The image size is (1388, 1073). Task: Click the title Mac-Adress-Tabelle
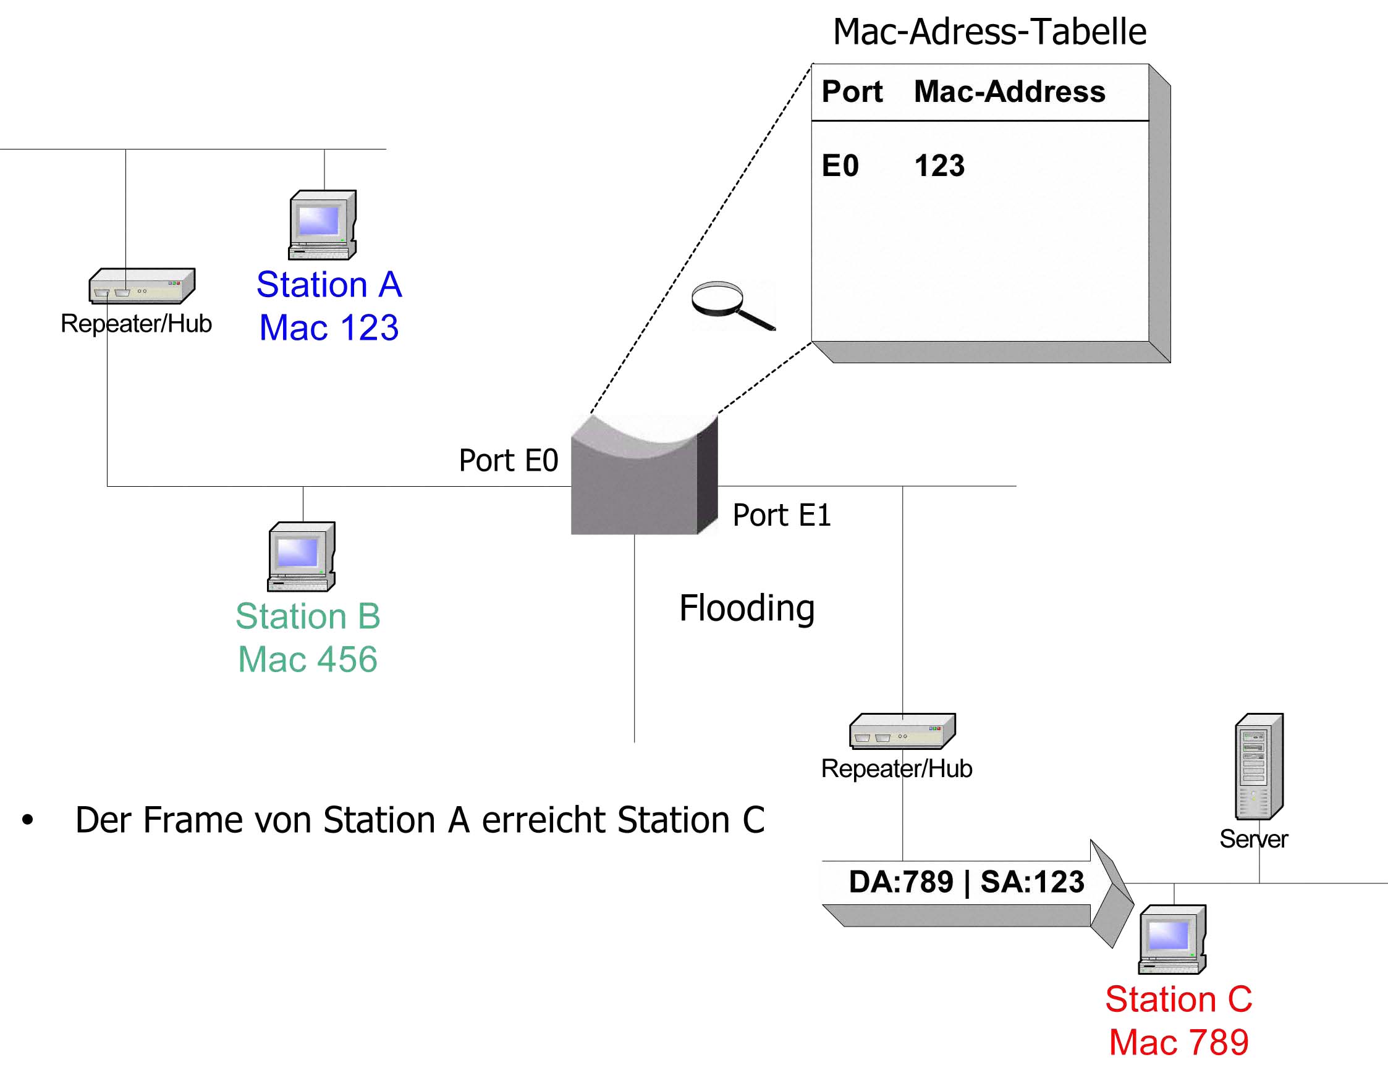989,32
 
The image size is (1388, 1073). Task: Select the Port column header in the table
852,91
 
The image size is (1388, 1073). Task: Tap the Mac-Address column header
1010,91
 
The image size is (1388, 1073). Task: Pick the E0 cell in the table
840,166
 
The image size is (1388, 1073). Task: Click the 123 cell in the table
939,166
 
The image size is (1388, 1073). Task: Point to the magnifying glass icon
733,306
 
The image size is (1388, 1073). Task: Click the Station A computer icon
322,225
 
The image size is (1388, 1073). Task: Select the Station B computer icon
301,557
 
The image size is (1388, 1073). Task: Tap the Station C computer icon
1172,940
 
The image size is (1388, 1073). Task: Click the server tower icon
1259,766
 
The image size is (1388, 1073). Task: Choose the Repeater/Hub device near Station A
142,285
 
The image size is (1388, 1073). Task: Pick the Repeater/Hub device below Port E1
902,731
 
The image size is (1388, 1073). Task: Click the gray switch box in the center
644,474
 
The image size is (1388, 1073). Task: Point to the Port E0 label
509,460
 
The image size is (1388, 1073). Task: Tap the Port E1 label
782,515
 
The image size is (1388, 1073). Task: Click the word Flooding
747,608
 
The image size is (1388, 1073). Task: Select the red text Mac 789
1179,1043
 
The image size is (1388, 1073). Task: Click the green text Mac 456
308,659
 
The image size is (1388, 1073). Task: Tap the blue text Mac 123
329,328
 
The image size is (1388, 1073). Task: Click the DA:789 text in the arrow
901,882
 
